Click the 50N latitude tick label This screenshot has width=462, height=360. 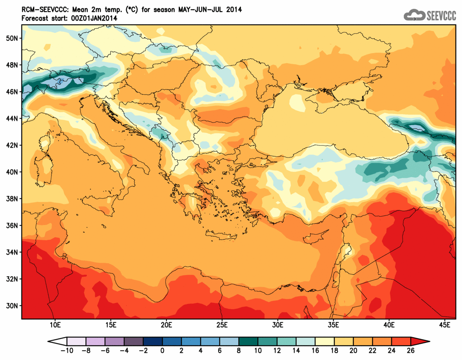point(12,38)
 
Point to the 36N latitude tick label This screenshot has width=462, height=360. point(12,225)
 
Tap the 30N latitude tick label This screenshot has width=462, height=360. point(12,306)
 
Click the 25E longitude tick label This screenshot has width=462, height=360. point(222,325)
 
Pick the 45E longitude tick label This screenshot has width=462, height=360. point(445,325)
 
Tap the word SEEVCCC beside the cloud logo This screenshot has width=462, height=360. point(441,15)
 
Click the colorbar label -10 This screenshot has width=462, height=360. point(66,351)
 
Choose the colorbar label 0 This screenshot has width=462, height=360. point(163,351)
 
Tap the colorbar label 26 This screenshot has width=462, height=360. point(411,351)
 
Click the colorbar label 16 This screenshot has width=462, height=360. point(315,351)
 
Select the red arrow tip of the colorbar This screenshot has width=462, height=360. point(420,341)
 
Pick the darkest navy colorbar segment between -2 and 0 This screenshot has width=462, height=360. point(153,341)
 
